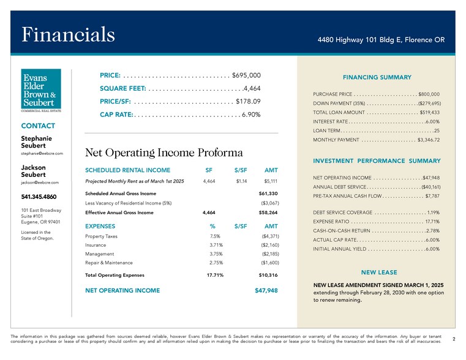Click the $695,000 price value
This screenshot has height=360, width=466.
click(x=247, y=75)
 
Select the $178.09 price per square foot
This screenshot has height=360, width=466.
click(x=248, y=101)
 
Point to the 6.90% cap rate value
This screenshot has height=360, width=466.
click(x=251, y=114)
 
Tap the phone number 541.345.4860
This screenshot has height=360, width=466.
click(x=39, y=197)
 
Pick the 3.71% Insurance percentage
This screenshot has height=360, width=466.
click(x=215, y=245)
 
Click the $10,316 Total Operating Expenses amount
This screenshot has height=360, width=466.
click(x=269, y=276)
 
